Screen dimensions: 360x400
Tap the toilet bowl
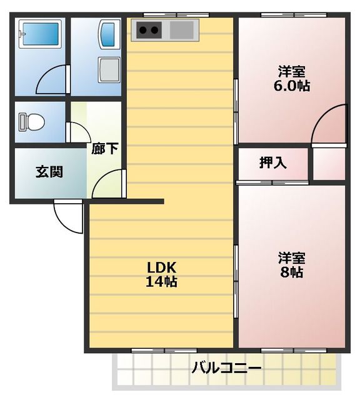coord(32,122)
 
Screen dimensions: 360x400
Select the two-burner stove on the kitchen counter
coord(149,30)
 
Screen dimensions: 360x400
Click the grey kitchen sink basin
coord(182,30)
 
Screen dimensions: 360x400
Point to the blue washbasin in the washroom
coord(108,34)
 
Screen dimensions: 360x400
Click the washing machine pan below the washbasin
coord(109,69)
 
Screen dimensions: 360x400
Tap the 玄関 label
coord(49,172)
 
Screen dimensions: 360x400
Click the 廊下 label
coord(105,148)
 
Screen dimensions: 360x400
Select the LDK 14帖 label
coord(161,275)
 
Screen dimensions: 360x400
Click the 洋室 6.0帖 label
coord(292,79)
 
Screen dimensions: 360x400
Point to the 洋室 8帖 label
coord(292,265)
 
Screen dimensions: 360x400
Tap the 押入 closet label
coord(272,162)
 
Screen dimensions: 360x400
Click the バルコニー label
coord(227,367)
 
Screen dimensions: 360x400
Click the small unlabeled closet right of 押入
coord(329,164)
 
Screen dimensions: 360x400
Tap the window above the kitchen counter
coord(176,15)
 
